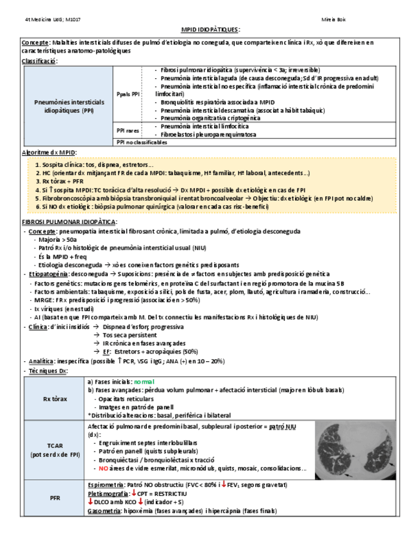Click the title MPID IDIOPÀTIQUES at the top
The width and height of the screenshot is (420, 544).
coord(210,30)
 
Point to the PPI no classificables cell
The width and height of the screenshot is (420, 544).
coord(144,142)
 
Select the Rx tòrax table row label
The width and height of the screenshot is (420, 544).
coord(55,398)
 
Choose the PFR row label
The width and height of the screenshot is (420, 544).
coord(55,497)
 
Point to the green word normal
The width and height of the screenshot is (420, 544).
coord(144,381)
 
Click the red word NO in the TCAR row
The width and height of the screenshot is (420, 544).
coord(103,468)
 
